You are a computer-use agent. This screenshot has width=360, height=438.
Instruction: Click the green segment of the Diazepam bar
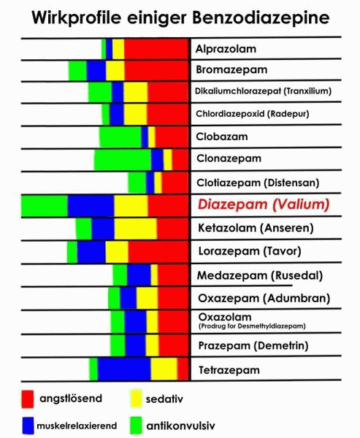point(45,207)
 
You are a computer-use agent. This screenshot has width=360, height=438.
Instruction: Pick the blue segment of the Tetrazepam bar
point(124,369)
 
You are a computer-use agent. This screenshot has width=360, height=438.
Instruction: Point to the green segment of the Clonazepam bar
point(122,159)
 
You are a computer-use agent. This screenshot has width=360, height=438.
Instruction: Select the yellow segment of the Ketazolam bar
point(135,229)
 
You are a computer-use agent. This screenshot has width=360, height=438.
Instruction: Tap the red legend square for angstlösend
point(28,399)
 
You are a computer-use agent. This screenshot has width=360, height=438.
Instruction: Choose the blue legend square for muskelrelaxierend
point(28,424)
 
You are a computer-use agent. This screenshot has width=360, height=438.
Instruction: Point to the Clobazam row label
point(222,137)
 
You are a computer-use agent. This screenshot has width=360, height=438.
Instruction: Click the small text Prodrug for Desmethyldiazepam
point(251,326)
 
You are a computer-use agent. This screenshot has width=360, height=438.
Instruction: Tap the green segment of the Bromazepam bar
point(77,70)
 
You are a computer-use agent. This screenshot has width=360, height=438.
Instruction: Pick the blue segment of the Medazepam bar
point(139,275)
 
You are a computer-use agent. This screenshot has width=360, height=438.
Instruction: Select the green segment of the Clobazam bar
point(120,137)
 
